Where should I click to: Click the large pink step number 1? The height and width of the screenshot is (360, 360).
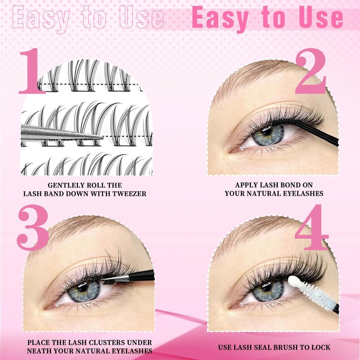(x=32, y=71)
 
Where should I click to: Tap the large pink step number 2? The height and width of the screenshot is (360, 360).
(x=310, y=71)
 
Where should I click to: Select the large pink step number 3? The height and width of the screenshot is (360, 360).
(x=33, y=227)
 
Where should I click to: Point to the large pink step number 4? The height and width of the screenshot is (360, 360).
(x=312, y=227)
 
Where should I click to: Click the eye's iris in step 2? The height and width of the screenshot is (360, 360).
(x=268, y=135)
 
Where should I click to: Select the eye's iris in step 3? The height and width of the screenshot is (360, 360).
(x=84, y=291)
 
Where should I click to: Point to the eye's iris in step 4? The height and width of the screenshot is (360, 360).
(x=268, y=291)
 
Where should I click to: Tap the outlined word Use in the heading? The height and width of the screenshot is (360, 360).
(x=142, y=17)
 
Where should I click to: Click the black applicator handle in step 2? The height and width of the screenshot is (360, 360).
(x=317, y=134)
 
